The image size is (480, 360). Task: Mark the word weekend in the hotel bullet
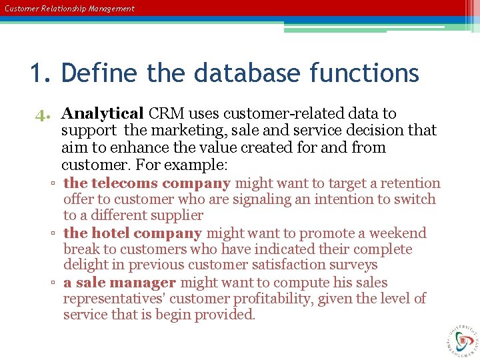(398, 233)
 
